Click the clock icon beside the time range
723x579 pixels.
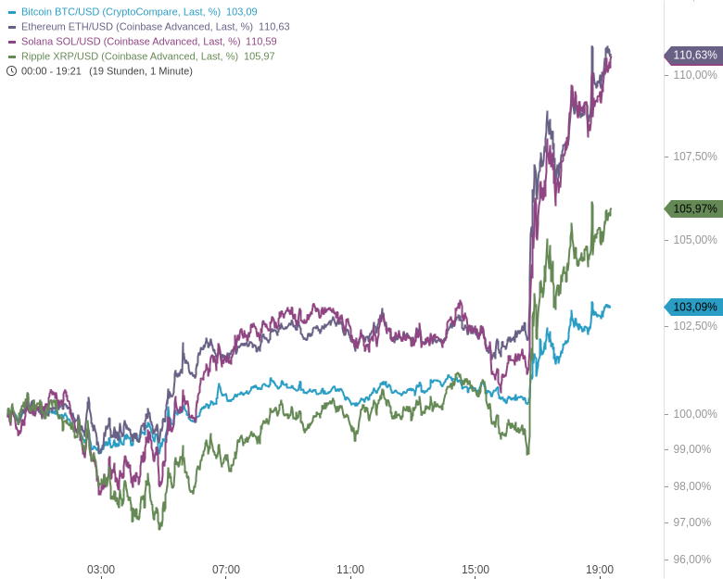[12, 70]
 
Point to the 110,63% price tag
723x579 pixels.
[694, 55]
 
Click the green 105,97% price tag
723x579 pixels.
[694, 208]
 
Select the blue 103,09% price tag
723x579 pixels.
[694, 307]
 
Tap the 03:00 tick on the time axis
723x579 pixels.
[101, 569]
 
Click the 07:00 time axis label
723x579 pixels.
[226, 569]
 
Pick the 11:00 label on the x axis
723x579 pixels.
[350, 569]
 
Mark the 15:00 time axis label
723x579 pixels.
[476, 569]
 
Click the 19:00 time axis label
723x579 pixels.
[600, 569]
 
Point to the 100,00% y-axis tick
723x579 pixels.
[694, 413]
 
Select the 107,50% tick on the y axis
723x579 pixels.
[694, 157]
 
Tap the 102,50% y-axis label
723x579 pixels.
[694, 326]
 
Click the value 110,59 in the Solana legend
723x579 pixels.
[261, 42]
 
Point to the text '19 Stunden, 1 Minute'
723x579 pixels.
[141, 71]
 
